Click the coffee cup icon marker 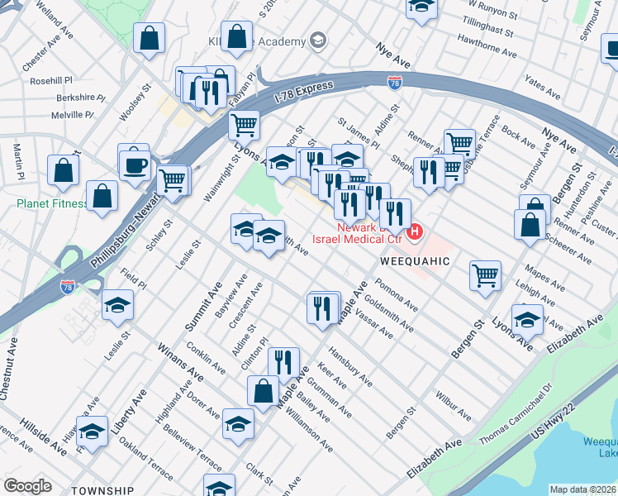pos(134,164)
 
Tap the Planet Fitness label pos(51,203)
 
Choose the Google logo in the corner pos(27,486)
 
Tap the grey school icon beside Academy pos(316,41)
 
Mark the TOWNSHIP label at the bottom pos(102,490)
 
